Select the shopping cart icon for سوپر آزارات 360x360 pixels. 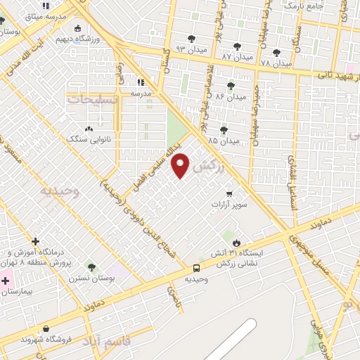click(229, 193)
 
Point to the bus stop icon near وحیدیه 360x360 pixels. click(196, 268)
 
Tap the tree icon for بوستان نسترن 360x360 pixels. click(91, 266)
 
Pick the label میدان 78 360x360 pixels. click(275, 63)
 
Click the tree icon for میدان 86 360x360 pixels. click(231, 86)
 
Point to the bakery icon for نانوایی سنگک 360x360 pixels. click(89, 129)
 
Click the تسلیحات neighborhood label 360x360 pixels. click(89, 100)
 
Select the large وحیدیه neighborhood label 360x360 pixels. click(60, 191)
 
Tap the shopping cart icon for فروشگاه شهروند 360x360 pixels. click(46, 328)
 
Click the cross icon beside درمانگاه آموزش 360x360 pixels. click(36, 241)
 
